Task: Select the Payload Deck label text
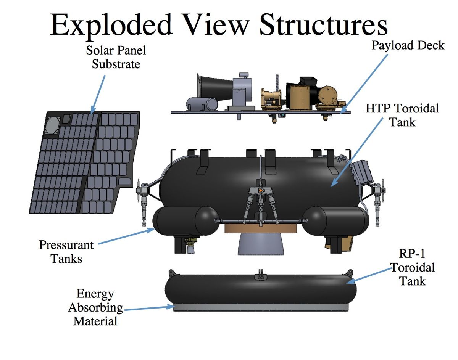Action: click(x=408, y=45)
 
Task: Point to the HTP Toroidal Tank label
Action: click(x=402, y=115)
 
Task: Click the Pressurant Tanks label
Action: click(x=66, y=252)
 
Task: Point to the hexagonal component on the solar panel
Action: click(x=51, y=125)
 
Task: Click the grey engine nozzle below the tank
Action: click(x=261, y=244)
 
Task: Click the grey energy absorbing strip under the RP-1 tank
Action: click(x=261, y=307)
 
